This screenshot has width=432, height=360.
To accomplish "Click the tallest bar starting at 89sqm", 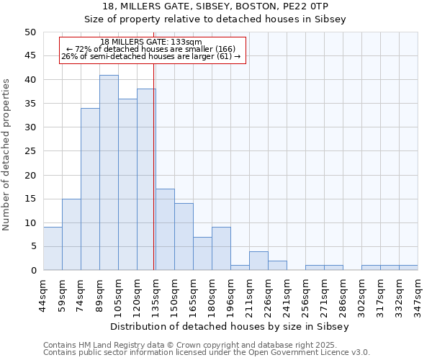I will [x=109, y=173].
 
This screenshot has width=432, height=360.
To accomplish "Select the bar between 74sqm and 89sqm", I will [x=90, y=189].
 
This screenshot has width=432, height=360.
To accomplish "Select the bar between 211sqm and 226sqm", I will [x=258, y=261].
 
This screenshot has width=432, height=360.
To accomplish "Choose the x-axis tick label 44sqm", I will [x=43, y=294].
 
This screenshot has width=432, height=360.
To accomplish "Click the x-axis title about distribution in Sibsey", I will [x=230, y=326].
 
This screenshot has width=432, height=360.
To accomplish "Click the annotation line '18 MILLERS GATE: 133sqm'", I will [x=151, y=42].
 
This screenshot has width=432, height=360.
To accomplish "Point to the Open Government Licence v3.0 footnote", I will [x=207, y=352].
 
